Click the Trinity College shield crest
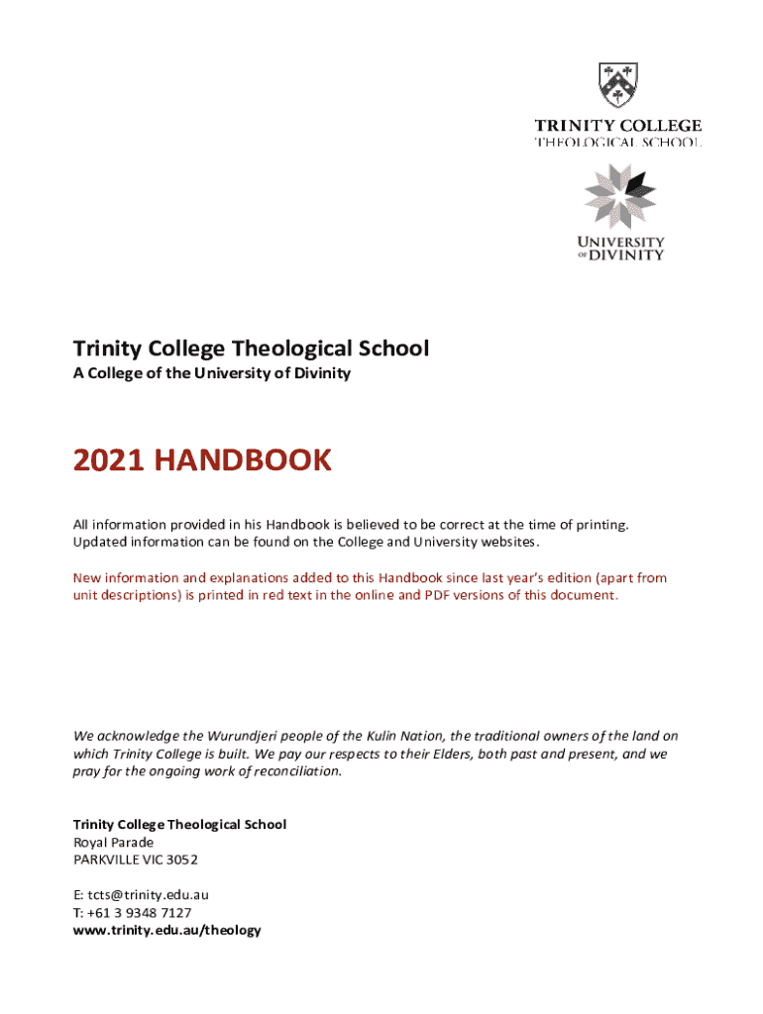pyautogui.click(x=617, y=85)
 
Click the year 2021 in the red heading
pyautogui.click(x=105, y=460)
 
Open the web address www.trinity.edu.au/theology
pyautogui.click(x=167, y=930)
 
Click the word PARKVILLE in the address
pyautogui.click(x=107, y=859)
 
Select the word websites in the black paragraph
pyautogui.click(x=508, y=542)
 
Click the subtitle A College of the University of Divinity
pyautogui.click(x=212, y=373)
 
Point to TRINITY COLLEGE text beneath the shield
pyautogui.click(x=618, y=126)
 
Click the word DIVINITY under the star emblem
pyautogui.click(x=628, y=254)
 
